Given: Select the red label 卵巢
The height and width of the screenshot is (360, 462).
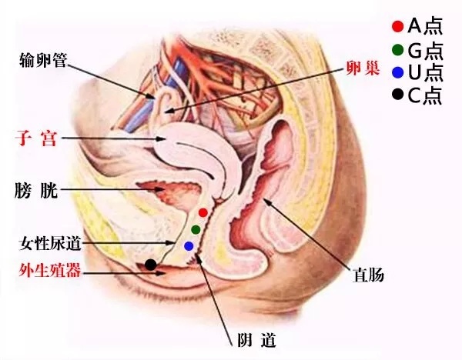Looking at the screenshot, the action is tap(362, 68).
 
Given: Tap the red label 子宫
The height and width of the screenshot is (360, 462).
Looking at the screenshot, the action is tap(35, 138).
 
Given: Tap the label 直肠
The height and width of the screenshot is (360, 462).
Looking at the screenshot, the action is tap(369, 273).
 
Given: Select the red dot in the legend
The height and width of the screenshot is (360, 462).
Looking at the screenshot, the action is tap(397, 27).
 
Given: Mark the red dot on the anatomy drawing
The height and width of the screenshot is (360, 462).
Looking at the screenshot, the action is tap(203, 212).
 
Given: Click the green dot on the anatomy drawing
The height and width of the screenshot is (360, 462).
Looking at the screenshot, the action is tap(196, 229).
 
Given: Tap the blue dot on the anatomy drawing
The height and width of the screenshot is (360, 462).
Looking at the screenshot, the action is tap(189, 246).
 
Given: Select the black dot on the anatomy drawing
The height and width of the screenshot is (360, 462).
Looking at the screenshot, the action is tap(151, 265).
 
